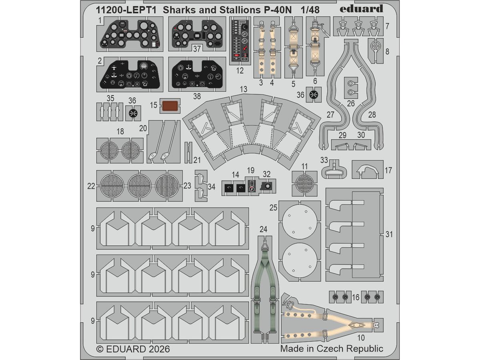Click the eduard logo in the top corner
361,9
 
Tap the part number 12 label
240,71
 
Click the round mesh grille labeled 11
304,183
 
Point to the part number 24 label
263,229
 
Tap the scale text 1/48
310,10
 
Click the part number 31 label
389,234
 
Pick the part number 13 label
243,89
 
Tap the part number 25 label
273,208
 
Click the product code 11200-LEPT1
126,10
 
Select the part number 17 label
388,170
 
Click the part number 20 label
143,128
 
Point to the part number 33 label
324,160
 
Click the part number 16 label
356,297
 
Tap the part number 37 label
197,48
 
